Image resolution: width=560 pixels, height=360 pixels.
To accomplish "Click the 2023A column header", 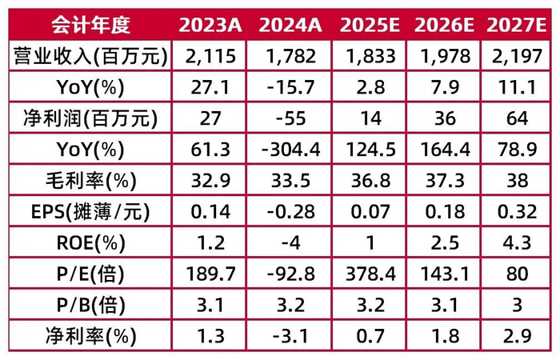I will pyautogui.click(x=208, y=24).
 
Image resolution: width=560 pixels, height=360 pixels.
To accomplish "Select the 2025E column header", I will pyautogui.click(x=370, y=24).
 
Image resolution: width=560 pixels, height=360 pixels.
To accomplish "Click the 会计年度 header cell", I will pyautogui.click(x=90, y=24).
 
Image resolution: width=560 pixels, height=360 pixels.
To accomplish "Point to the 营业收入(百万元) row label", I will pyautogui.click(x=90, y=56).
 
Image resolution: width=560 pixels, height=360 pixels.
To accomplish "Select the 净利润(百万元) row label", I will pyautogui.click(x=90, y=118).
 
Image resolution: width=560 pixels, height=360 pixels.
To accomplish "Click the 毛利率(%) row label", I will pyautogui.click(x=90, y=181).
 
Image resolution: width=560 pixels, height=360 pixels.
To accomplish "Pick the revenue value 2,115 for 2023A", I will pyautogui.click(x=208, y=56).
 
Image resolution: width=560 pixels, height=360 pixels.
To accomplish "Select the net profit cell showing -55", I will pyautogui.click(x=287, y=118).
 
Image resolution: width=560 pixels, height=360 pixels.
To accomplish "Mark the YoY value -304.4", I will pyautogui.click(x=287, y=150).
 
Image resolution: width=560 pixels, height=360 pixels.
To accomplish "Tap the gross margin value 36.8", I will pyautogui.click(x=370, y=181).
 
